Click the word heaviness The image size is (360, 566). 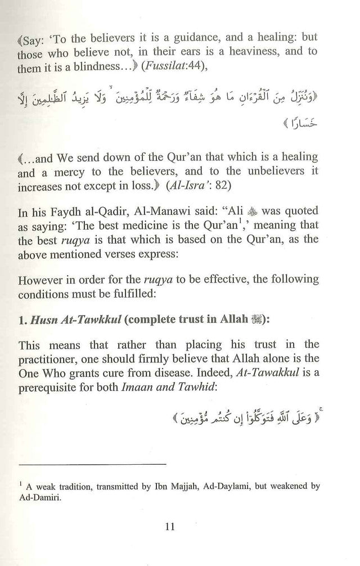click(x=251, y=52)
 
